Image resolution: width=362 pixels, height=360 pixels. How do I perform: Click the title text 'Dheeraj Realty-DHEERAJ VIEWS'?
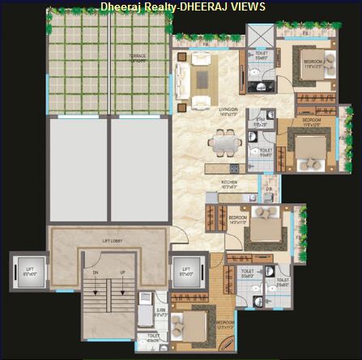click(182, 6)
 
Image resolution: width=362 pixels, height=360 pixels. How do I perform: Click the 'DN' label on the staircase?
click(95, 272)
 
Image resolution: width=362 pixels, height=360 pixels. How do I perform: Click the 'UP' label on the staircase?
click(122, 272)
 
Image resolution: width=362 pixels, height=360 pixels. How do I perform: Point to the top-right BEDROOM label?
click(314, 62)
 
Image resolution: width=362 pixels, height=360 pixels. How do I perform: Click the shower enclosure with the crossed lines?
click(260, 36)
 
